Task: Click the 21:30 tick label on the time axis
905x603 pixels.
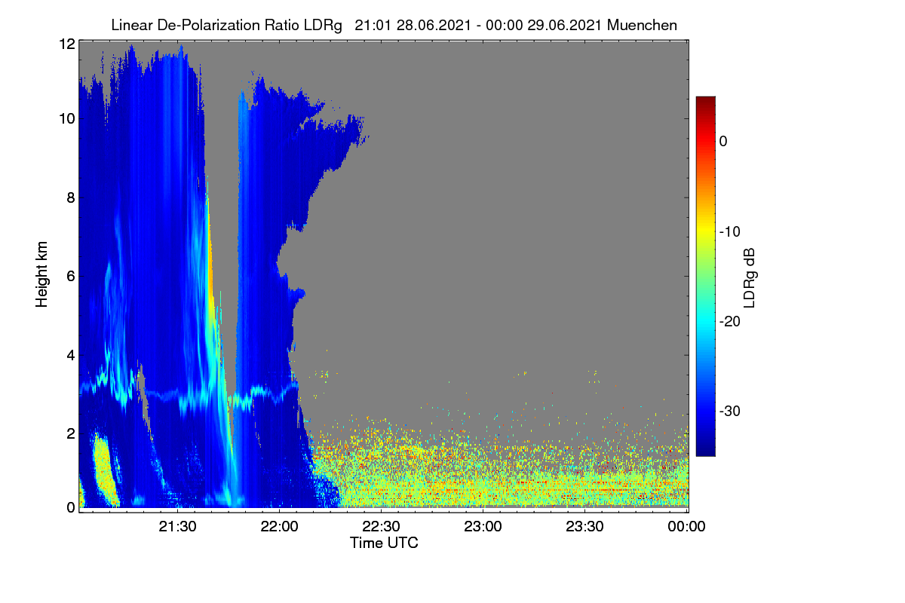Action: click(x=177, y=527)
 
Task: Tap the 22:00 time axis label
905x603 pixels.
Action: click(x=279, y=527)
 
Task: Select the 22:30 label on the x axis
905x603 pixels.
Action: click(x=381, y=527)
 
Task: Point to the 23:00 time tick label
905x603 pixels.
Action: click(x=483, y=527)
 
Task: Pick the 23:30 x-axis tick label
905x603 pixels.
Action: click(x=584, y=527)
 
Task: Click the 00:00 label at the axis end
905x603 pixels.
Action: click(x=686, y=527)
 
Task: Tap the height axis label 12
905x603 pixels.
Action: click(x=67, y=44)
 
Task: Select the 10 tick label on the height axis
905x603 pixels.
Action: click(x=67, y=119)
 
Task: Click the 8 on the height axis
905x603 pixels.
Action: click(x=71, y=197)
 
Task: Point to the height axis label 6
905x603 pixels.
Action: click(x=71, y=277)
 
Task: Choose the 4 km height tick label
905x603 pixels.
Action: click(x=71, y=356)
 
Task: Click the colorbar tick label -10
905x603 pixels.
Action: click(x=730, y=232)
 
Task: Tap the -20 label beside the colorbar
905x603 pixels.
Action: click(x=730, y=322)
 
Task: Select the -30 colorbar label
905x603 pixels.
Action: click(x=730, y=411)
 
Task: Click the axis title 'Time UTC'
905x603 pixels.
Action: click(x=384, y=543)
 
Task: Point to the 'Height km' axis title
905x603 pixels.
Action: click(x=41, y=274)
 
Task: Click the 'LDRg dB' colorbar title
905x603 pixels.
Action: click(x=749, y=278)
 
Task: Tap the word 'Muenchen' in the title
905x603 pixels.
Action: click(x=642, y=26)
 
